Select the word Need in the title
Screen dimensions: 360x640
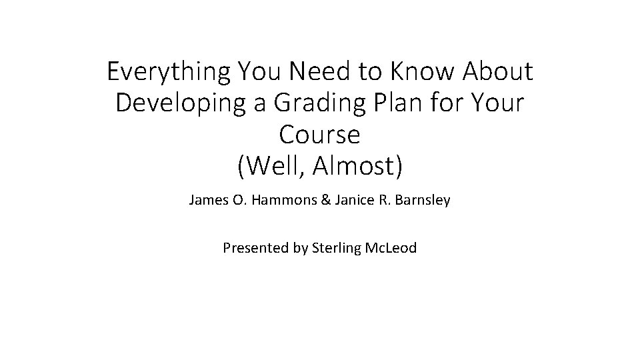[x=314, y=71]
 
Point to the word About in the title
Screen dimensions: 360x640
[x=493, y=71]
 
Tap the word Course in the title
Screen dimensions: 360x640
[x=320, y=135]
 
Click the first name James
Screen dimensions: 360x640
[x=208, y=200]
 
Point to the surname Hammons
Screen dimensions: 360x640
[x=276, y=200]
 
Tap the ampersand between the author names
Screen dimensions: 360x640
[x=325, y=200]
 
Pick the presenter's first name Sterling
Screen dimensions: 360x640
[x=337, y=249]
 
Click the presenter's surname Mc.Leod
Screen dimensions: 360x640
[x=391, y=249]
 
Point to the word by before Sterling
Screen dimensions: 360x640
[x=300, y=249]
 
